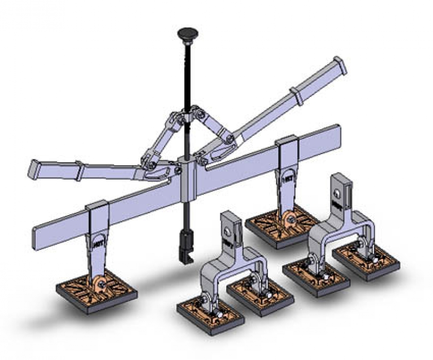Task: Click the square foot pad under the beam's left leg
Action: (x=96, y=292)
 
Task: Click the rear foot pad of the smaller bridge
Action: (x=260, y=296)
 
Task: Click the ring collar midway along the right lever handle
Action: (x=299, y=96)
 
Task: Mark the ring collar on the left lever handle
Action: (x=79, y=171)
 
